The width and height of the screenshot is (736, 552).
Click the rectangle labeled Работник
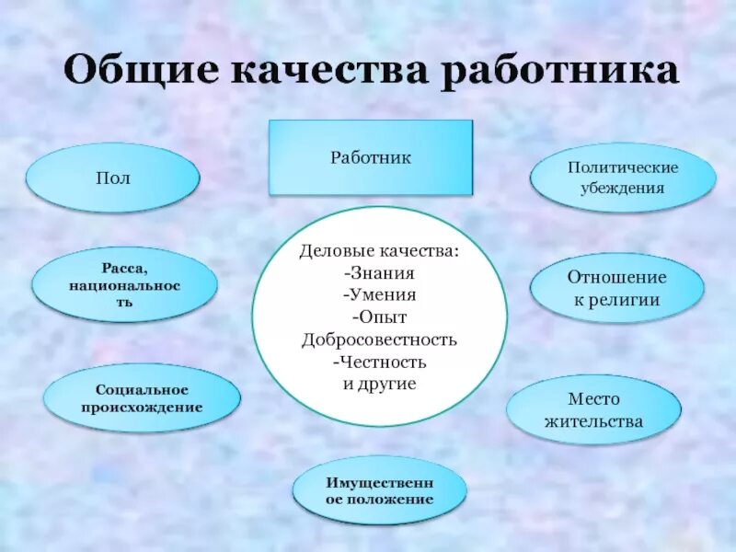coord(371,158)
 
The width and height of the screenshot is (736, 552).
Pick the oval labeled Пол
coord(112,178)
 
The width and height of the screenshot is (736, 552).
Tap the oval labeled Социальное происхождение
coord(142,398)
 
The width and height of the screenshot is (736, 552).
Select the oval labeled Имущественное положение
coord(379,490)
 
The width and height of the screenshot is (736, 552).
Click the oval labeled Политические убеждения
coord(622,178)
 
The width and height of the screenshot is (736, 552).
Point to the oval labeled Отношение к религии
coord(616,288)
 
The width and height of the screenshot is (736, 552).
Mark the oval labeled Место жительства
coord(594,410)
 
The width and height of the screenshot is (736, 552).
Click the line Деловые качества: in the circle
coord(379,250)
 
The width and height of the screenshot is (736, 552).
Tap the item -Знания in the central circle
coord(379,272)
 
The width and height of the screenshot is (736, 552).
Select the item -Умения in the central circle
coord(379,294)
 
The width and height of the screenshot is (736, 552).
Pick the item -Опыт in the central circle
coord(379,317)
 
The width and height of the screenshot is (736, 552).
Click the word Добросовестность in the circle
coord(379,339)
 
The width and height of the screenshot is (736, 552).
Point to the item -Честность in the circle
coord(379,362)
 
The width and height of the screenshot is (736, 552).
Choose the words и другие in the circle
coord(379,384)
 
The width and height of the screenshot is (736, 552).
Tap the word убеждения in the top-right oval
coord(622,189)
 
